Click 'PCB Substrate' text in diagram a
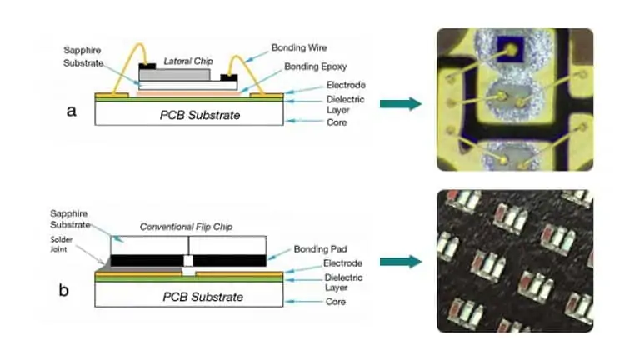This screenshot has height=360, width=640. [200, 115]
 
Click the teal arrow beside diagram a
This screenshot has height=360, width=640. [400, 103]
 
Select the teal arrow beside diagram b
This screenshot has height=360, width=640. [400, 262]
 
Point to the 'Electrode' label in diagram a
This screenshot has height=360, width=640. [322, 85]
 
